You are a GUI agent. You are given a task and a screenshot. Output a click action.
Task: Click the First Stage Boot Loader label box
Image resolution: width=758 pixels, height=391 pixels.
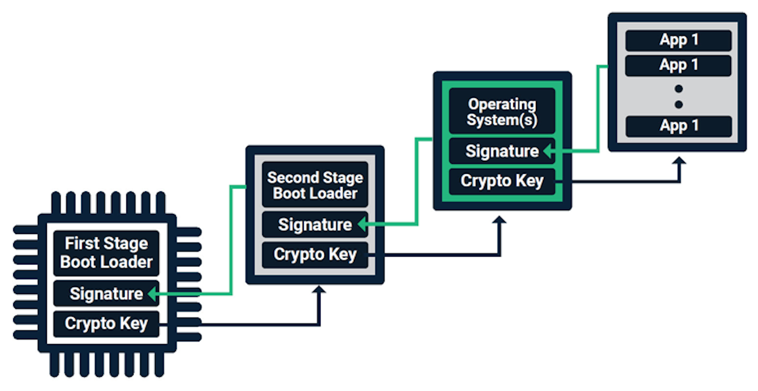tap(106, 253)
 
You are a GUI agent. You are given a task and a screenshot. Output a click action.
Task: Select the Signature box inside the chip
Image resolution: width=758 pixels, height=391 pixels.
tap(106, 294)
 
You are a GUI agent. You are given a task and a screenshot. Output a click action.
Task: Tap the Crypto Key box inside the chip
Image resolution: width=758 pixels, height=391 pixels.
tap(106, 323)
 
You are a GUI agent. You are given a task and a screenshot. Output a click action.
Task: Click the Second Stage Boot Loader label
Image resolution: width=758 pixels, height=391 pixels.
tap(315, 185)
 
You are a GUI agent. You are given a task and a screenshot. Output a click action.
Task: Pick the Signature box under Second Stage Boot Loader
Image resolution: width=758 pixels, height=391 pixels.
tap(315, 224)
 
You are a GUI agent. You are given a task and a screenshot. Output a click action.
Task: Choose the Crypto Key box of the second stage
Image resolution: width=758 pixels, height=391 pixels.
tap(315, 255)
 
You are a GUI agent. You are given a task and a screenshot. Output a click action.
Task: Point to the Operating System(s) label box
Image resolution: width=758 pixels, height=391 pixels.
tap(502, 112)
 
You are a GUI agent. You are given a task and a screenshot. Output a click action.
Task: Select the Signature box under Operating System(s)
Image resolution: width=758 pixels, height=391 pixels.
tap(502, 151)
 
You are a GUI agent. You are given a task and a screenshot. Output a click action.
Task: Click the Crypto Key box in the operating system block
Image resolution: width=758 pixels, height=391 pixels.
tap(502, 181)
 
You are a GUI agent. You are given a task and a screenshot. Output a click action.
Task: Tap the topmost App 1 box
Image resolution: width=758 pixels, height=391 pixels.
tap(679, 41)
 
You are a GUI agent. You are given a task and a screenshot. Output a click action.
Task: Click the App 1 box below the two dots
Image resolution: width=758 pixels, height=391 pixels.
tap(679, 126)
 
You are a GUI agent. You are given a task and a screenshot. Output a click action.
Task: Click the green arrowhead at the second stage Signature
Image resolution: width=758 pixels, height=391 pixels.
tap(362, 225)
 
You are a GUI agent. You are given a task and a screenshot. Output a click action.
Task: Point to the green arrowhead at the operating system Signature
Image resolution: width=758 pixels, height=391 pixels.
tap(548, 152)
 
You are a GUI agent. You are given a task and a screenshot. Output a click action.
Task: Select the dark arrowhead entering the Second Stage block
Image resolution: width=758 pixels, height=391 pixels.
tap(318, 289)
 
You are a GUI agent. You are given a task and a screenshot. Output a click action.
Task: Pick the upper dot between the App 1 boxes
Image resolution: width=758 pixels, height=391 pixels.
tap(679, 88)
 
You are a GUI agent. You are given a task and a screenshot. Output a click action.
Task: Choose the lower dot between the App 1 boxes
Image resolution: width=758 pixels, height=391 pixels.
tap(679, 104)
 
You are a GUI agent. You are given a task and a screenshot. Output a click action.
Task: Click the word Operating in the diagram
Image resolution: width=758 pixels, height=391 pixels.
tap(502, 104)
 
